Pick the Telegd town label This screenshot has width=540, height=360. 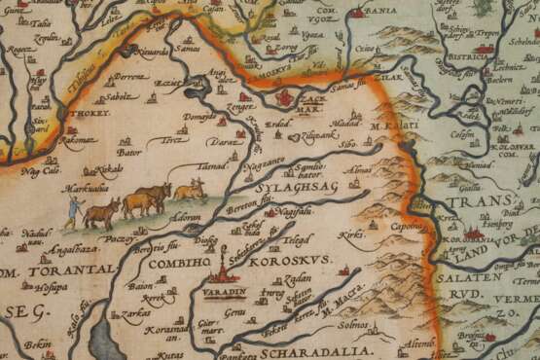tap(298, 235)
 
